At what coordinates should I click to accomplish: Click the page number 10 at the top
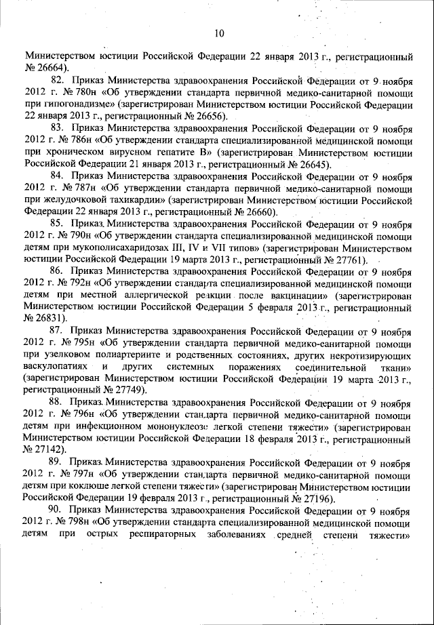coord(218,32)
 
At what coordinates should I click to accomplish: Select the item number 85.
coord(58,222)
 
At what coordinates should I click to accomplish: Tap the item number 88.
coord(58,403)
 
